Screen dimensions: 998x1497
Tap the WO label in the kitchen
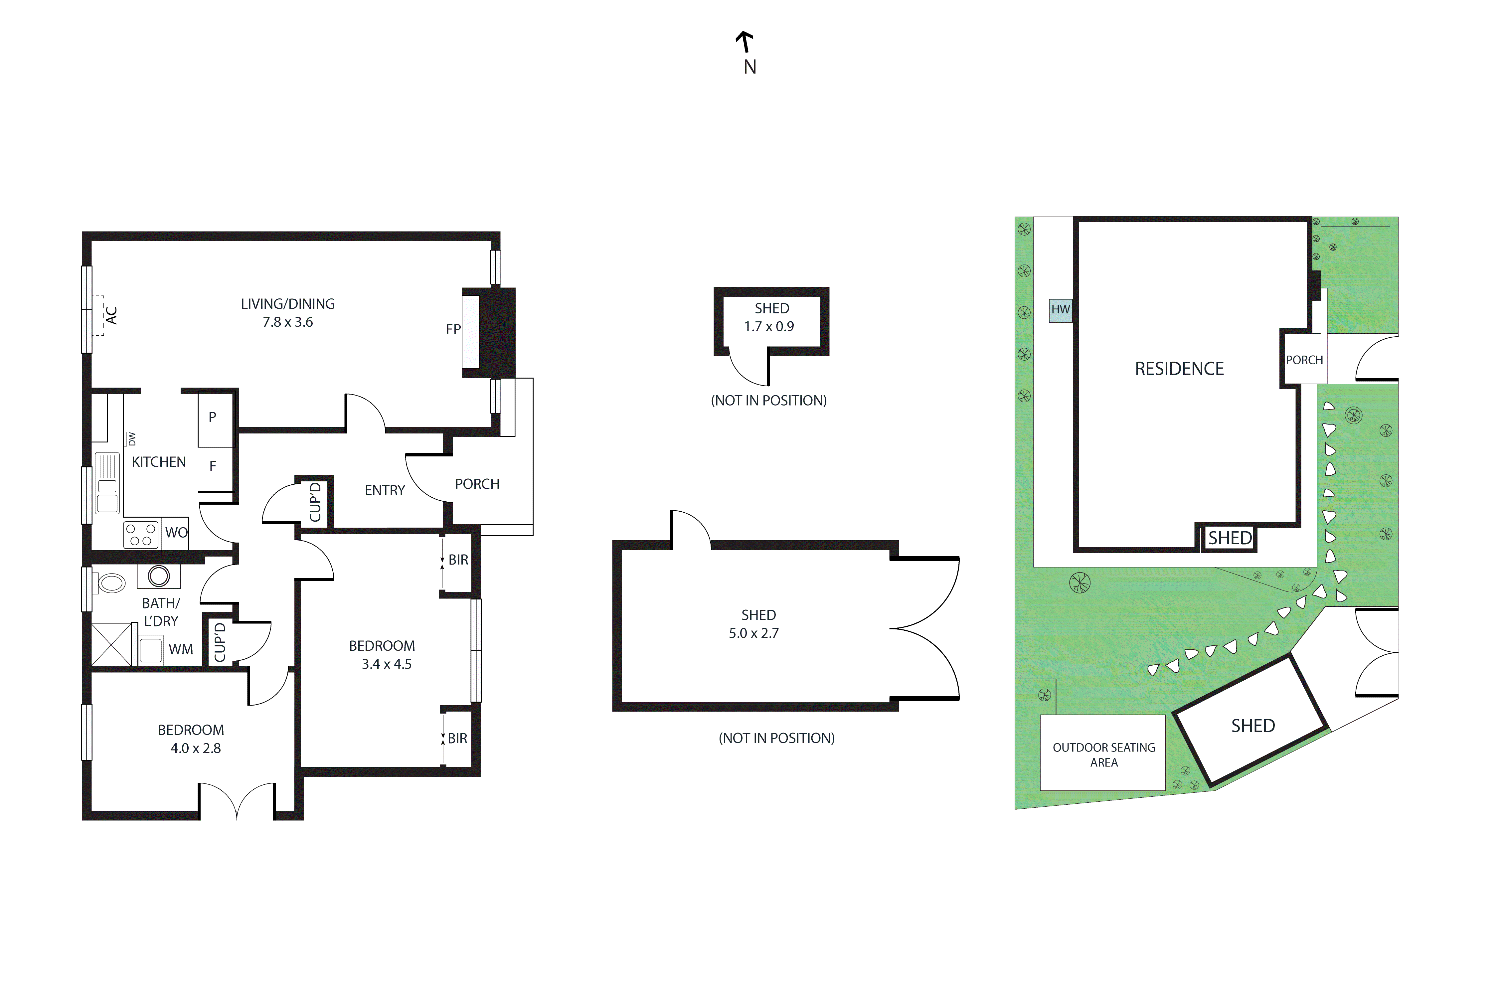[176, 533]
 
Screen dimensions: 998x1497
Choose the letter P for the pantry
[213, 417]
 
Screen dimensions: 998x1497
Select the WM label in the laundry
[181, 650]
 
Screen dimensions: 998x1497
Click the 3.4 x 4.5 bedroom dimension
[386, 664]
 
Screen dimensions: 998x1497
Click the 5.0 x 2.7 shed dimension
[753, 633]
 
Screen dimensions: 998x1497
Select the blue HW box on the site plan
[1061, 310]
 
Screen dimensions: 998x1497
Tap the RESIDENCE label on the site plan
[1179, 369]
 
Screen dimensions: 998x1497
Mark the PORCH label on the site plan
[1304, 360]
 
